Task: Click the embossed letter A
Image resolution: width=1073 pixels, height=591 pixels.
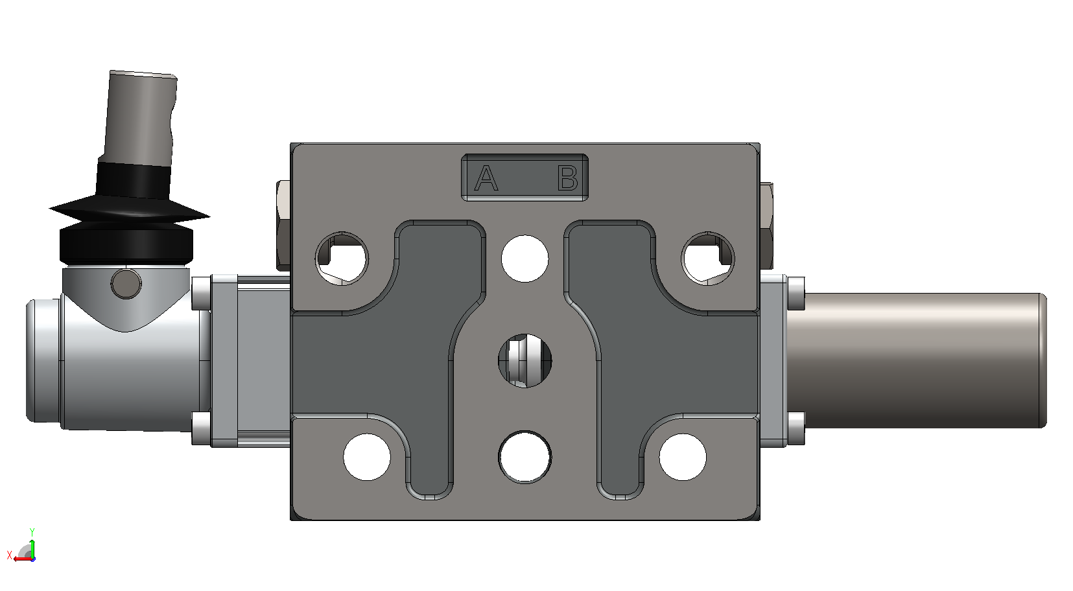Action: point(486,178)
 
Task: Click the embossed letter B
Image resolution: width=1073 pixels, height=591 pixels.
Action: point(568,178)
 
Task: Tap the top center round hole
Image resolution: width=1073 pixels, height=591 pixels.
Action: point(525,259)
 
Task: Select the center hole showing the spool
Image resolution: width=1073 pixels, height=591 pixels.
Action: point(525,361)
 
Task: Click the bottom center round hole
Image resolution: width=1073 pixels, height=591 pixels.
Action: point(525,457)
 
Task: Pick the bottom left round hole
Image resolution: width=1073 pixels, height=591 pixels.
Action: point(367,457)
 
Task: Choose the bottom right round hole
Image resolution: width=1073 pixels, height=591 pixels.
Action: point(683,457)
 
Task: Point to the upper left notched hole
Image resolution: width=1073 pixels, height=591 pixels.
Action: point(342,259)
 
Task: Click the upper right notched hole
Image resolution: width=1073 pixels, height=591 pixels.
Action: point(707,259)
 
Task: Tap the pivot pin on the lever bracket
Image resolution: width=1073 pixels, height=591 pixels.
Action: point(126,284)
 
